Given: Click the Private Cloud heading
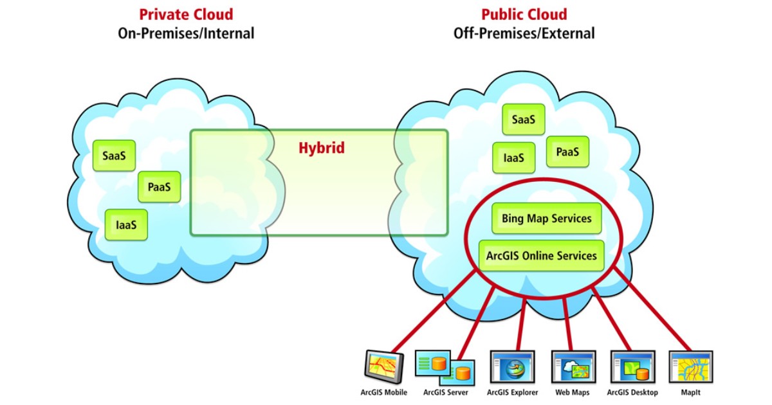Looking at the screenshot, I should tap(186, 14).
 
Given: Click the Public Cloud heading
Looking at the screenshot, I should tap(524, 14).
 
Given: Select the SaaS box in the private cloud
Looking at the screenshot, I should tap(114, 156).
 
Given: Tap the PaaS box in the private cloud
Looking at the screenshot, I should tap(159, 187).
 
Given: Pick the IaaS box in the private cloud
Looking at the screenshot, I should tap(126, 225).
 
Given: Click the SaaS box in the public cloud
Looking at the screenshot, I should tap(524, 120).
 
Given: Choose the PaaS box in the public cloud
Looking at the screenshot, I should tap(567, 152).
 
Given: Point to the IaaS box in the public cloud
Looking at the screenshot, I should tap(514, 157).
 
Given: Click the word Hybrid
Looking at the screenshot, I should tap(321, 148).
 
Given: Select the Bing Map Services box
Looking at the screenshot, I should tap(546, 219).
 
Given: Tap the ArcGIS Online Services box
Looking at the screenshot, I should tap(541, 256).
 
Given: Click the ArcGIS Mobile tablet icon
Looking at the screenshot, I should tap(383, 367).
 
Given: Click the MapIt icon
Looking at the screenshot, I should tap(690, 368).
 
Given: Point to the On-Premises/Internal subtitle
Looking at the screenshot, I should tap(186, 33).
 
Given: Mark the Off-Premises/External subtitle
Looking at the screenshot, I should tap(524, 33).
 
